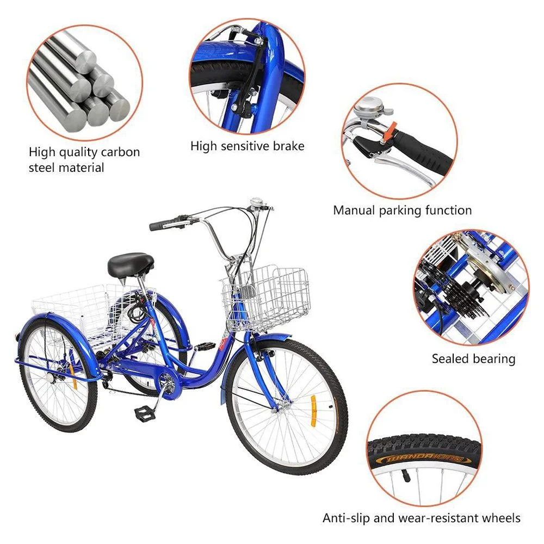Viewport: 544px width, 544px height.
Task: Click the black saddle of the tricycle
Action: click(130, 264)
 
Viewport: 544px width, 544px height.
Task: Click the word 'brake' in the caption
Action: click(286, 146)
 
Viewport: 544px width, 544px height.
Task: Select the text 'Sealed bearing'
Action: click(473, 359)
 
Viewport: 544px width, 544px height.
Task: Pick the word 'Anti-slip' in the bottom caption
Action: click(346, 518)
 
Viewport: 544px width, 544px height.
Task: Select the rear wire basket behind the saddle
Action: click(71, 305)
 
